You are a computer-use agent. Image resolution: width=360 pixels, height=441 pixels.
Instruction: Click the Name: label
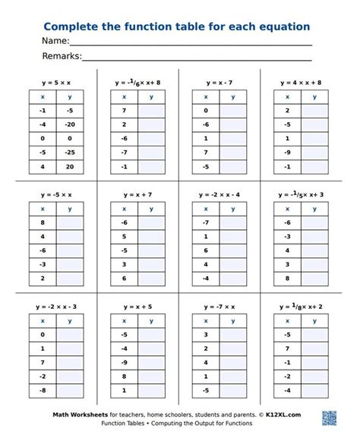[55, 41]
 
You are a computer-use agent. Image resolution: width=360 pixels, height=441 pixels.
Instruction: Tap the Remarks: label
[62, 56]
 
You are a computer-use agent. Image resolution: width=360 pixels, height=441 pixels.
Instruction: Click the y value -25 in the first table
[69, 153]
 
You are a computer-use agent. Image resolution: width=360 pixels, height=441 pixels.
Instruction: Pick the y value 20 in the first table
[69, 166]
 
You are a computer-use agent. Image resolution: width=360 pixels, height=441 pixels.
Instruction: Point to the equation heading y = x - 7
[219, 81]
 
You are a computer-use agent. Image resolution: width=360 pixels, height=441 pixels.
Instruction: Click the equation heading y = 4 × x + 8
[301, 81]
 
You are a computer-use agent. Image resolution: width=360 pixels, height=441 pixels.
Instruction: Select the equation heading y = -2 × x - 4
[219, 195]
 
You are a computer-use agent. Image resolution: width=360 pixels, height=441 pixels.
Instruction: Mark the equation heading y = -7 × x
[219, 307]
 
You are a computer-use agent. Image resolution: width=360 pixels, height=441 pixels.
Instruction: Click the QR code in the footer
[329, 418]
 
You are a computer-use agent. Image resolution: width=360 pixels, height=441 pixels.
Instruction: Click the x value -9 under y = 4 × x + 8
[286, 153]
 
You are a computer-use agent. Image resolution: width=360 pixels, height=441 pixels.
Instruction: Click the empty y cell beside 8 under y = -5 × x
[69, 222]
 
